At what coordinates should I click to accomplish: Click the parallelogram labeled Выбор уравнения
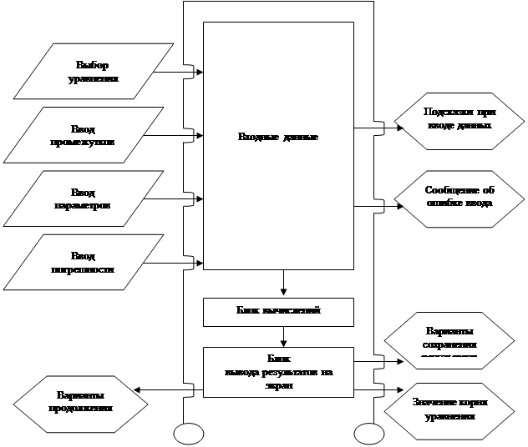(92, 72)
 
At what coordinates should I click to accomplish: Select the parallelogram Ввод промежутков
(92, 135)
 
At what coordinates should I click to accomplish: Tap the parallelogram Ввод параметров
(92, 198)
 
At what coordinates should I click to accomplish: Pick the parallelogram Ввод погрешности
(92, 263)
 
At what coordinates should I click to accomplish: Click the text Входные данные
(278, 136)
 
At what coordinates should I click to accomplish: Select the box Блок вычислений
(278, 310)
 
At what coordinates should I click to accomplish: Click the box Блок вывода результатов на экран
(278, 372)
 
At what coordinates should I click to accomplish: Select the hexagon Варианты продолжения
(79, 400)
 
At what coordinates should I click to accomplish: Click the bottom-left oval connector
(189, 434)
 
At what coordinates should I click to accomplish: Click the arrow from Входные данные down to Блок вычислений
(283, 283)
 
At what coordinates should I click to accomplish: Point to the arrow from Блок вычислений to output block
(283, 336)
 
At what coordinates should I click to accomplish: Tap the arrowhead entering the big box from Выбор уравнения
(199, 72)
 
